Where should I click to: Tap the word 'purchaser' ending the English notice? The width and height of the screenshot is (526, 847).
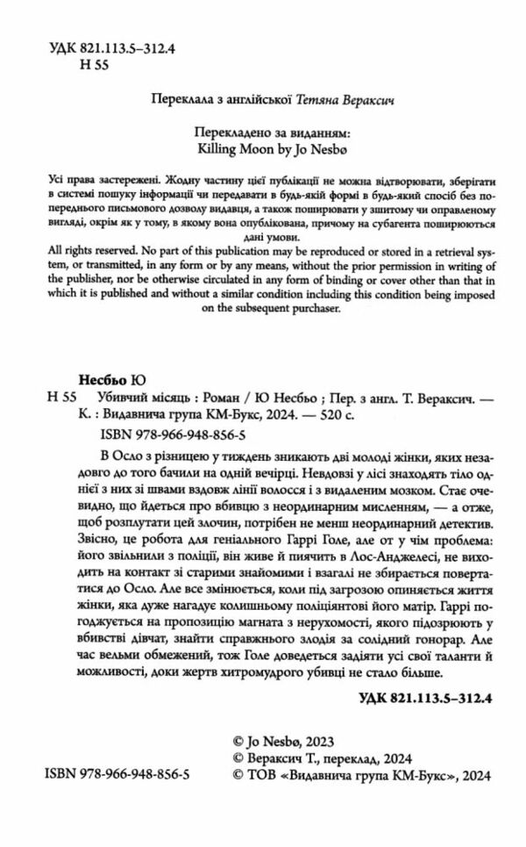309,308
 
